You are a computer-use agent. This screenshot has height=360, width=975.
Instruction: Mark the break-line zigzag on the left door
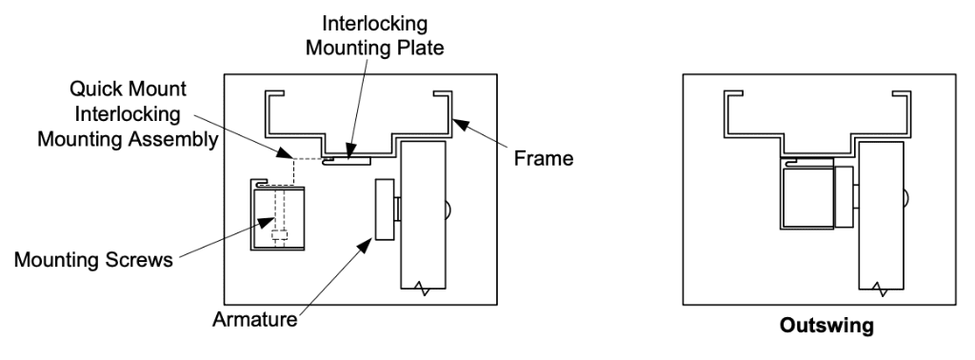423,285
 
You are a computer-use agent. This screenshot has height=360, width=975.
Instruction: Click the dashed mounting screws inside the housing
279,219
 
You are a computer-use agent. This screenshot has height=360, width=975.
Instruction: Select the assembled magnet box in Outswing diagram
806,195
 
